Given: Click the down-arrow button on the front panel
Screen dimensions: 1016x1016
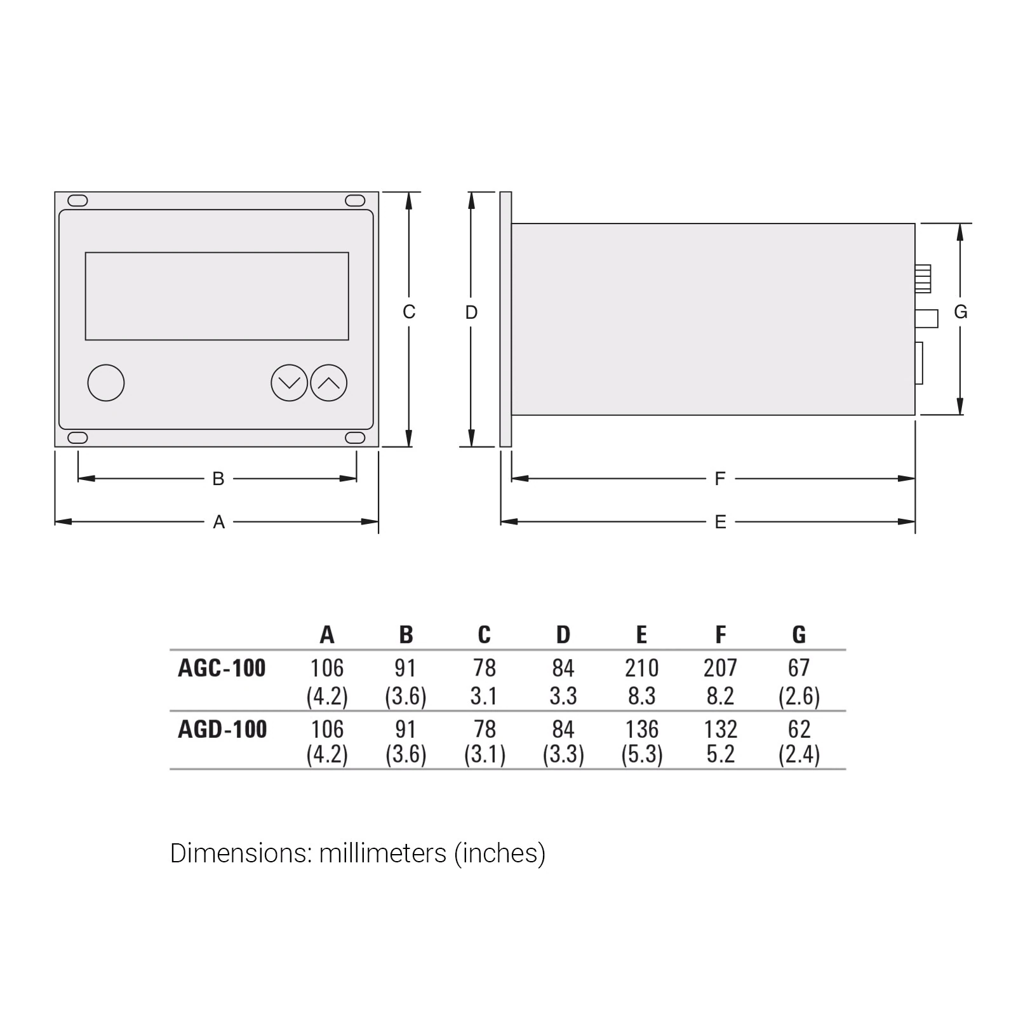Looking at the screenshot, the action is tap(289, 383).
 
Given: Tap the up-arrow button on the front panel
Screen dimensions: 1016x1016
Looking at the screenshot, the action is tap(329, 383).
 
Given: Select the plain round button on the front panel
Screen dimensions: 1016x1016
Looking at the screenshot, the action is tap(106, 383).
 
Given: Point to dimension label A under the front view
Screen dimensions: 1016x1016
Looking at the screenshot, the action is tap(219, 522).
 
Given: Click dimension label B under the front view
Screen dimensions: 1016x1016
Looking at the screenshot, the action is tap(218, 479).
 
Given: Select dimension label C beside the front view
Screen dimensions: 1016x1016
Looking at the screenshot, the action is tap(409, 312).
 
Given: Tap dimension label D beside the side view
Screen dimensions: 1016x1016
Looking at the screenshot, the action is tap(471, 312).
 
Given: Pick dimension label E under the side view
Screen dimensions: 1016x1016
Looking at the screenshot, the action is tap(720, 522).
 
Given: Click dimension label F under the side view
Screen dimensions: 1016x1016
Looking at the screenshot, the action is tap(720, 479).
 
